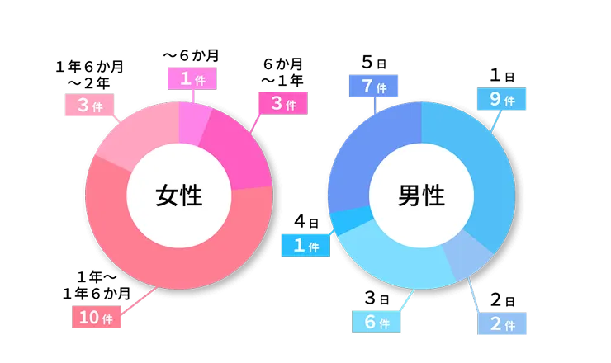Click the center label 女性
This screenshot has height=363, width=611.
(x=178, y=196)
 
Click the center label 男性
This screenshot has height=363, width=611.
(x=421, y=196)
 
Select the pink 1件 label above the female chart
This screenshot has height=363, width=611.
(x=192, y=78)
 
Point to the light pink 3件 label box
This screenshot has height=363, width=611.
(x=90, y=106)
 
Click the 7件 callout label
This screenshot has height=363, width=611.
(x=374, y=86)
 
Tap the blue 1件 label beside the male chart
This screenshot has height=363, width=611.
(x=306, y=245)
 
